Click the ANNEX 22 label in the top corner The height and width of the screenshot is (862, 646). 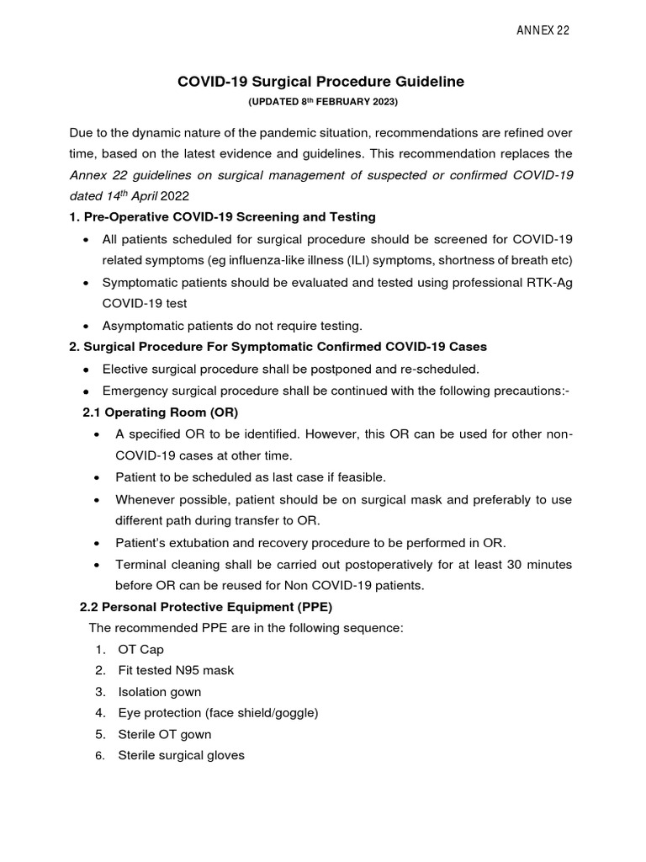(x=543, y=30)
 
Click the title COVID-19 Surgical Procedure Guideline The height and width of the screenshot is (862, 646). (x=320, y=82)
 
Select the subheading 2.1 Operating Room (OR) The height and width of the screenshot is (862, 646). (x=160, y=412)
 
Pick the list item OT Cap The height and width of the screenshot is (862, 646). (x=141, y=649)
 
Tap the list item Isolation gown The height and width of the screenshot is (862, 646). (x=159, y=692)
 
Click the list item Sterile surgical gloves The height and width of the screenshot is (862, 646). (x=181, y=755)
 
